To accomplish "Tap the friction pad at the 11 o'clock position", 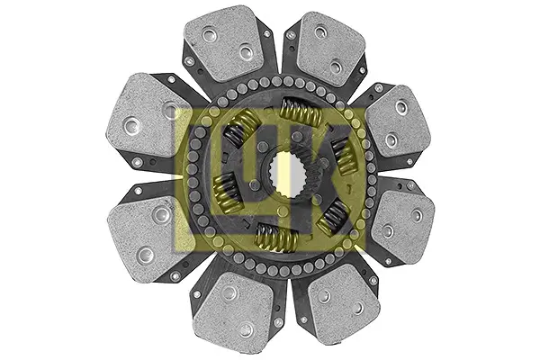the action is click(225, 43).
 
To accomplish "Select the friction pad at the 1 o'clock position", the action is click(330, 49).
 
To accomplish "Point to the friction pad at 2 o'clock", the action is click(397, 121).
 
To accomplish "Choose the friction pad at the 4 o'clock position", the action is click(402, 225).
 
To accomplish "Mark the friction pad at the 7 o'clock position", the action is click(234, 308).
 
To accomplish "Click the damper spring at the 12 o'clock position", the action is click(301, 112).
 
